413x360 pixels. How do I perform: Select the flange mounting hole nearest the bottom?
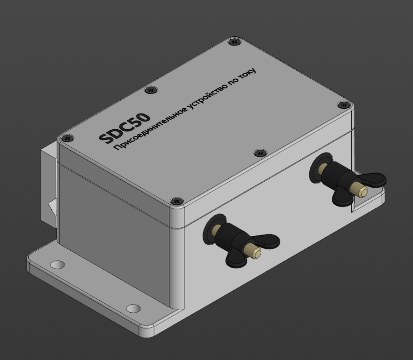pyautogui.click(x=132, y=309)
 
